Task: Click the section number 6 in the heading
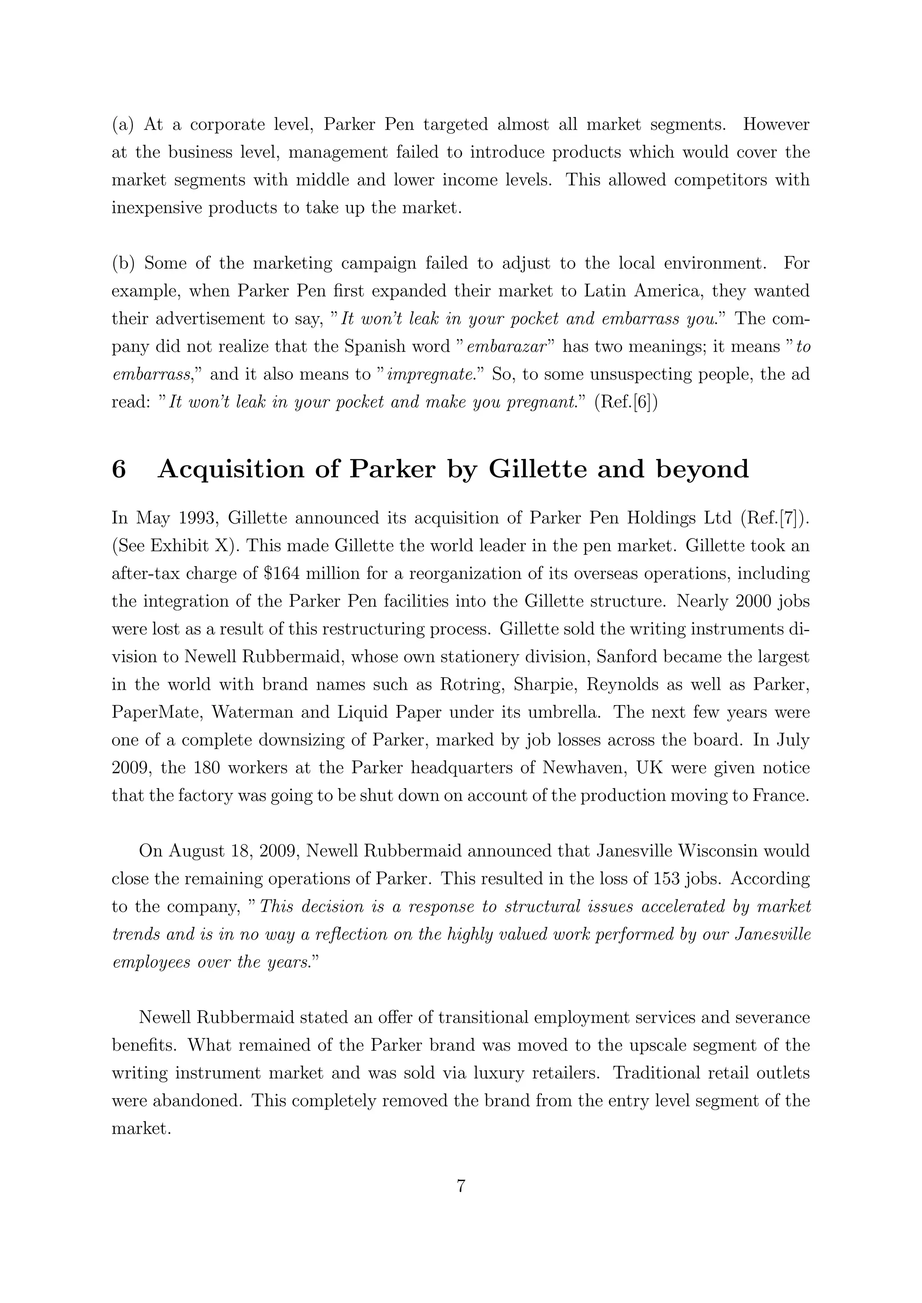[119, 470]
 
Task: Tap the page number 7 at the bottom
[461, 1186]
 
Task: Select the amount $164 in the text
[282, 574]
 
